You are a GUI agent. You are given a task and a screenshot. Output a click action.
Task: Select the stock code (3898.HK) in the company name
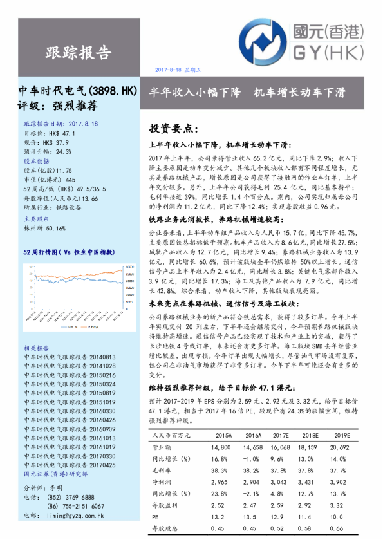113,91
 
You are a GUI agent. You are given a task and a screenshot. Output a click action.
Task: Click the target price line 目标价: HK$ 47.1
53,132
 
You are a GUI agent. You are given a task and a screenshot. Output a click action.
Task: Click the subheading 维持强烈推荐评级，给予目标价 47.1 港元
222,388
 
